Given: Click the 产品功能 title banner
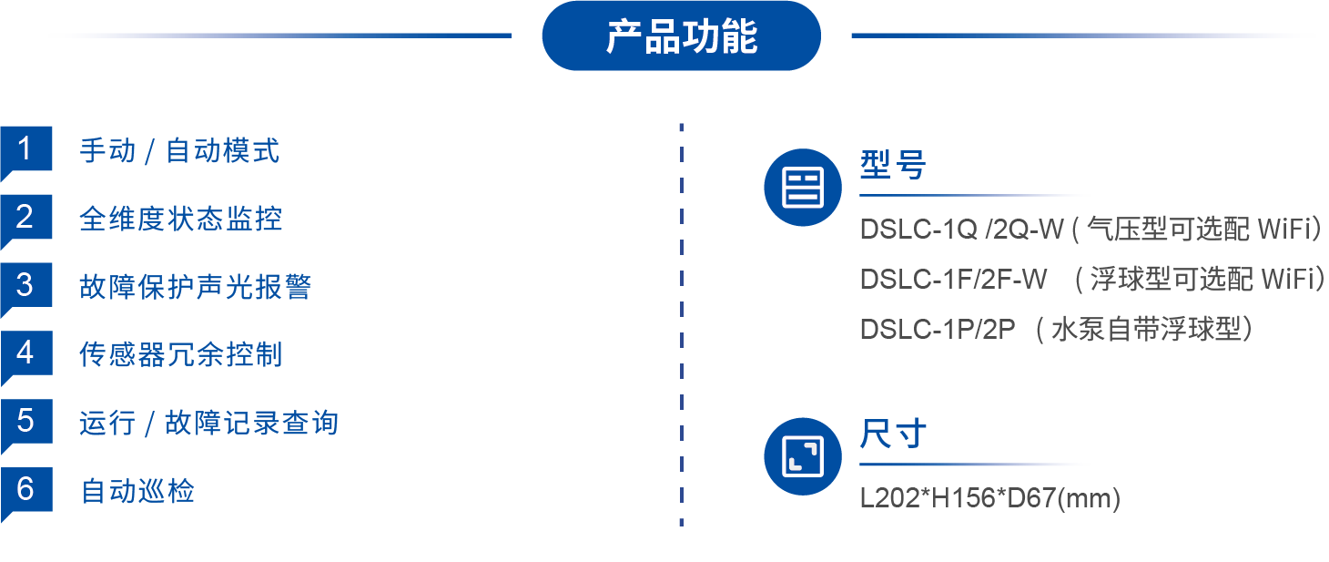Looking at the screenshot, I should [x=681, y=36].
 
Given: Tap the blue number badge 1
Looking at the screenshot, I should [x=25, y=149].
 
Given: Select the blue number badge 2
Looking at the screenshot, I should [x=25, y=218].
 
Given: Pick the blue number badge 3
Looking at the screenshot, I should [x=25, y=286].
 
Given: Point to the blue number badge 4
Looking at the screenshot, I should [x=25, y=353].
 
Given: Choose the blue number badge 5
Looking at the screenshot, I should [x=25, y=422].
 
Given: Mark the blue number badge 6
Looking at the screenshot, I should [x=25, y=490].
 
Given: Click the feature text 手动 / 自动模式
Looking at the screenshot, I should [x=179, y=151].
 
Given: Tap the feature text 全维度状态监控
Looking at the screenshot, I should [x=180, y=220].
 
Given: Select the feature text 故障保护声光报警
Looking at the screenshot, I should [x=195, y=287].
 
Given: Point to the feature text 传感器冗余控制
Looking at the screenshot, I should [x=180, y=354].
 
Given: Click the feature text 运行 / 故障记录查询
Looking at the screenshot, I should [x=208, y=424].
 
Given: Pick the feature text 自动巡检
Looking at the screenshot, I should [x=137, y=492].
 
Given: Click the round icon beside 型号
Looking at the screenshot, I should [x=802, y=188].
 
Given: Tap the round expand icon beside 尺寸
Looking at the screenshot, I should [x=802, y=455].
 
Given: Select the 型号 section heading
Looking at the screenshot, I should [x=892, y=166].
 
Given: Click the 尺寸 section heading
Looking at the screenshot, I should [x=892, y=434].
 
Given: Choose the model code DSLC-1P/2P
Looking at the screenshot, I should [x=937, y=330].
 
